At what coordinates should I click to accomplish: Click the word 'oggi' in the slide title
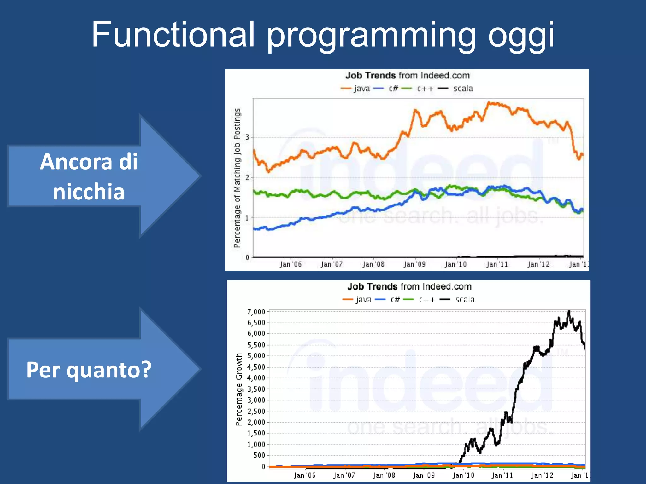[x=521, y=35]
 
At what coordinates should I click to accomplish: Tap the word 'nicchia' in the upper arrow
[x=89, y=192]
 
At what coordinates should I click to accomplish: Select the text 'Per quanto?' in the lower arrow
[x=89, y=370]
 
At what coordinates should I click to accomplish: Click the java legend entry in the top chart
[x=356, y=89]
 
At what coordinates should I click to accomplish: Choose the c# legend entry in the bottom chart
[x=389, y=300]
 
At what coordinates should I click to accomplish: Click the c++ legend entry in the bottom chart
[x=420, y=300]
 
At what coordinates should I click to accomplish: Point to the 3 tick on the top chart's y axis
[x=248, y=137]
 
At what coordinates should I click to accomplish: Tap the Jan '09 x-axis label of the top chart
[x=414, y=264]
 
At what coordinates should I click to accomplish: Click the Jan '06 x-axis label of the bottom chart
[x=304, y=475]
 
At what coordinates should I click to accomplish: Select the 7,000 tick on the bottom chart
[x=256, y=312]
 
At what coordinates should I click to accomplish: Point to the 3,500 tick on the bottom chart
[x=256, y=389]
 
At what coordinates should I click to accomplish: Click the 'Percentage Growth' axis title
[x=239, y=389]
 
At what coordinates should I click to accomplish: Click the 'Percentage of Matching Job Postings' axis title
[x=237, y=178]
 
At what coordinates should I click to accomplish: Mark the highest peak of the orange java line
[x=489, y=102]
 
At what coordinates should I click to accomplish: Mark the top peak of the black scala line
[x=569, y=312]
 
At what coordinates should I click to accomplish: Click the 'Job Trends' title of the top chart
[x=370, y=76]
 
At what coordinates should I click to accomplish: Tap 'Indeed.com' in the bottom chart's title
[x=447, y=286]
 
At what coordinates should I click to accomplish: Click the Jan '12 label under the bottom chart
[x=542, y=475]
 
